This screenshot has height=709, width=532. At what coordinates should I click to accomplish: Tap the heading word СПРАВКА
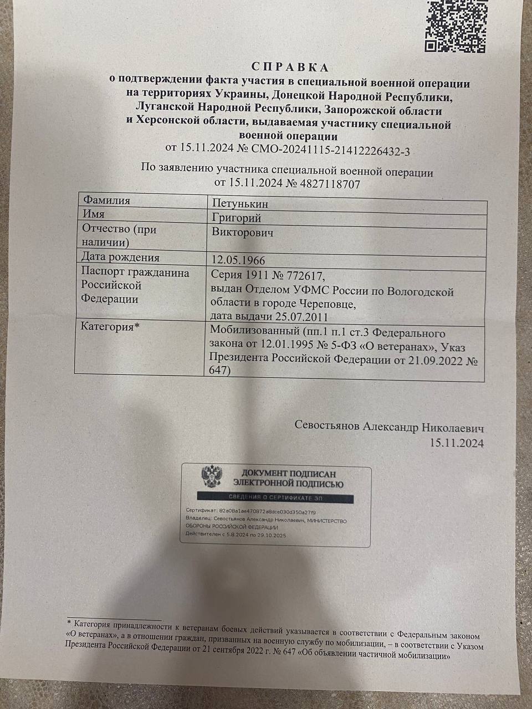[290, 68]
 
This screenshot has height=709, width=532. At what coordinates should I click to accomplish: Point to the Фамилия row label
[106, 201]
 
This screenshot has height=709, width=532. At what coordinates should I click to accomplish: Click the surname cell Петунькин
[240, 204]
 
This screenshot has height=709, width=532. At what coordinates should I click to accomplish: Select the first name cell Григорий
[236, 218]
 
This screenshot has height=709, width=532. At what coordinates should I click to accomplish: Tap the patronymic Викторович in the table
[242, 232]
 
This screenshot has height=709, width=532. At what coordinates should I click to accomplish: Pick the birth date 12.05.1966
[238, 260]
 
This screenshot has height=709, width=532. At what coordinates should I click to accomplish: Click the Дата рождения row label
[120, 258]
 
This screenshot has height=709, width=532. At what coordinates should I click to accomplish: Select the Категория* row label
[110, 326]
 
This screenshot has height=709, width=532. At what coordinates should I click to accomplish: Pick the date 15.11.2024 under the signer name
[457, 443]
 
